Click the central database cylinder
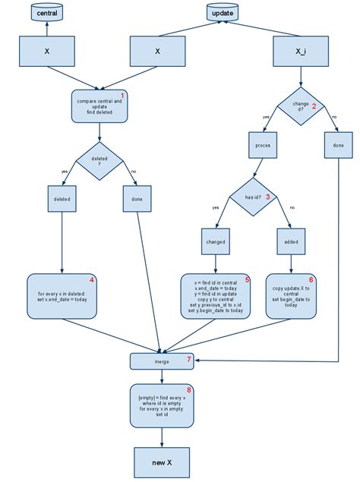pos(47,13)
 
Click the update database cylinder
pos(221,13)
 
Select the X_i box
pos(302,52)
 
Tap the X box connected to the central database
pos(47,52)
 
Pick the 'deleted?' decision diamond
pos(99,160)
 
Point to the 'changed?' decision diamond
pos(302,107)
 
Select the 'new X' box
pos(162,461)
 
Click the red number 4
pos(92,280)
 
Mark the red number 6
pos(310,280)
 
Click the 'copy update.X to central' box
pos(292,295)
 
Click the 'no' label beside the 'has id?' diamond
pos(292,207)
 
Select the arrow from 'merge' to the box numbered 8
pos(162,376)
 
